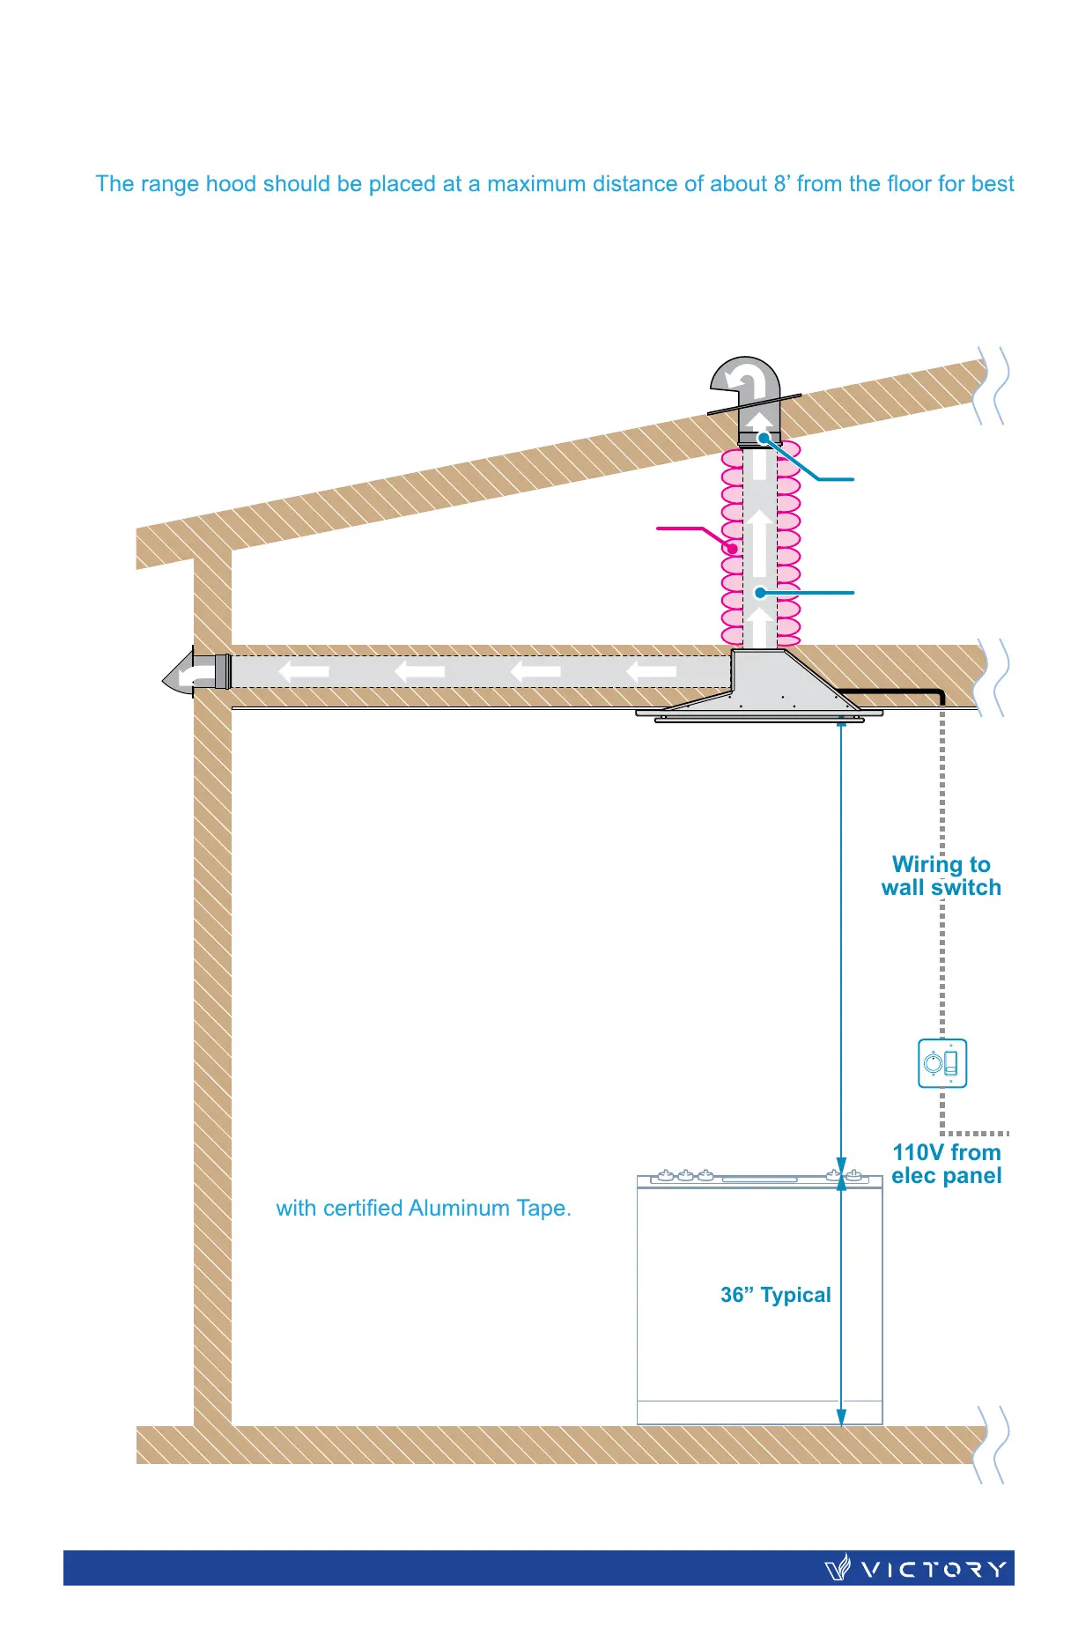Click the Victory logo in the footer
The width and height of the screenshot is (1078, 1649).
916,1569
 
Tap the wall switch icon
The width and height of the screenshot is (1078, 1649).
942,1063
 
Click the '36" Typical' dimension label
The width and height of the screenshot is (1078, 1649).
775,1295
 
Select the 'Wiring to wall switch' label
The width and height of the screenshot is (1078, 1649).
941,876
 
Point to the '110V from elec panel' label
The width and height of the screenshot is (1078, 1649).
947,1164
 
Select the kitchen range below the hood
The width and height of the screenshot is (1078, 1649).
759,1299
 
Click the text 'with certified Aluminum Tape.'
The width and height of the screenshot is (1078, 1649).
424,1208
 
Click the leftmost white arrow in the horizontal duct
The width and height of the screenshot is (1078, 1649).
304,672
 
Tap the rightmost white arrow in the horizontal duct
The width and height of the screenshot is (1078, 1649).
651,672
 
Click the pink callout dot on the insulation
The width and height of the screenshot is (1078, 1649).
732,548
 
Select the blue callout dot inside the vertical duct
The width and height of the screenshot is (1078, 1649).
760,593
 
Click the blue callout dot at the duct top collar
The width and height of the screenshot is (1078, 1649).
764,437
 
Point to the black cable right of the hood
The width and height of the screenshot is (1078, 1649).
890,691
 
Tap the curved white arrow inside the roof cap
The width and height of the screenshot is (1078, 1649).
744,381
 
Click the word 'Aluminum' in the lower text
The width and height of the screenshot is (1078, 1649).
460,1208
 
